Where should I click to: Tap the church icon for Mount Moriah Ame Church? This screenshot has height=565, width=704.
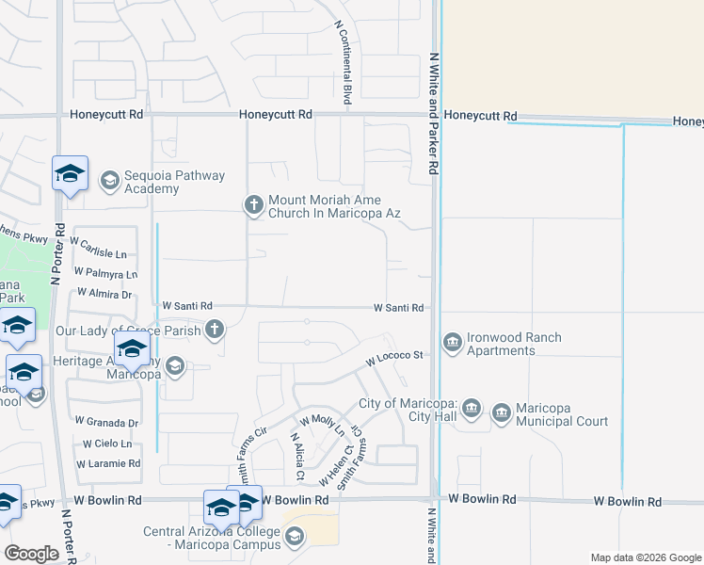(253, 203)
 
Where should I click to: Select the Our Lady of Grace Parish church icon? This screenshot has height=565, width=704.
(215, 330)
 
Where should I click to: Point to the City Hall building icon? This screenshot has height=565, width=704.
(472, 410)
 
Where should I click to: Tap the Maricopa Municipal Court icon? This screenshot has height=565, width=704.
(501, 412)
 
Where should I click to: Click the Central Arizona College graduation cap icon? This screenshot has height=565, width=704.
(295, 537)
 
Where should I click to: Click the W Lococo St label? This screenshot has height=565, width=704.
(396, 359)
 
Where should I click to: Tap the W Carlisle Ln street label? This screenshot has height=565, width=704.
(99, 253)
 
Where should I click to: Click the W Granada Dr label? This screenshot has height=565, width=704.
(106, 423)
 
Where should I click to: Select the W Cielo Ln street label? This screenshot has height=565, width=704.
(106, 444)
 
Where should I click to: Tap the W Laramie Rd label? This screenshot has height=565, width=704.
(108, 463)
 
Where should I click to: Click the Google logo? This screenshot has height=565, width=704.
(32, 554)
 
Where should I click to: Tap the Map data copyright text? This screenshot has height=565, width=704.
(646, 557)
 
